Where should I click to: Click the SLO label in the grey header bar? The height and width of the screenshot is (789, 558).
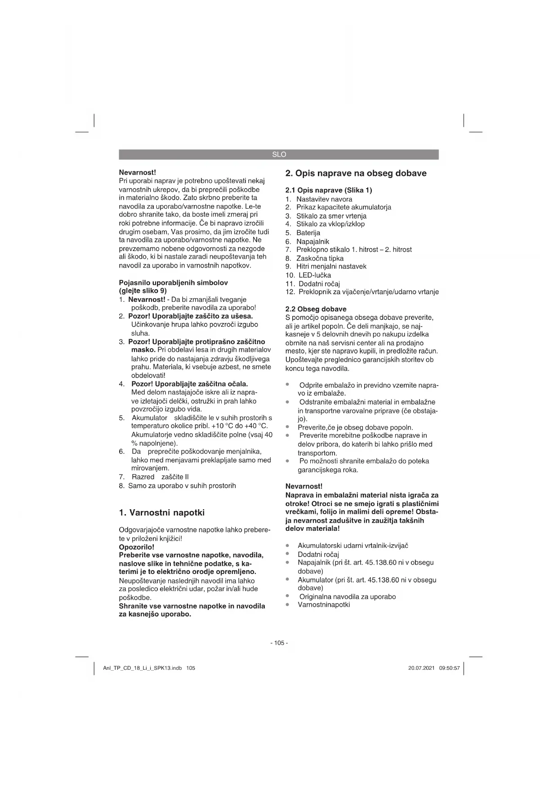pos(279,154)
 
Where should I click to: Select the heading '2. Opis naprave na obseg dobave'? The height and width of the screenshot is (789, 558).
pos(356,173)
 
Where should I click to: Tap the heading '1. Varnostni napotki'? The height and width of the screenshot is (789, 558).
pos(161,512)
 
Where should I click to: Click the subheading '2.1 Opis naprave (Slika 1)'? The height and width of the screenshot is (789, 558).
pos(329,190)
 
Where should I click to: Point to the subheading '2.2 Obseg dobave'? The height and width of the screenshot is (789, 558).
pos(316,309)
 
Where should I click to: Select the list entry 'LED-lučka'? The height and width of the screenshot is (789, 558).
pos(315,275)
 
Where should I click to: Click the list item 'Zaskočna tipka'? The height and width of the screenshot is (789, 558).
pos(320,258)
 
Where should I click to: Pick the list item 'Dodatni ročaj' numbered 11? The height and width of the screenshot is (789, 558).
pos(319,283)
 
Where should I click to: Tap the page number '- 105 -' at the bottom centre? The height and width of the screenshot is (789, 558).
pos(279,643)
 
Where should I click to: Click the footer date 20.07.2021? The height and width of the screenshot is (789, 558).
pos(421,668)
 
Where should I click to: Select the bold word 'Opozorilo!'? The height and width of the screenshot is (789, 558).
pos(136,547)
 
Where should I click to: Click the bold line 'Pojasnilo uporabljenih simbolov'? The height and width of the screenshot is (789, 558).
pos(173,282)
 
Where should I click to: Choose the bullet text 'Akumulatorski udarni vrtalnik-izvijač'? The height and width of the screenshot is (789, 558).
pos(353,546)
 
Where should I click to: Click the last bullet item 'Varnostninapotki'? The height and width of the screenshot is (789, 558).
pos(324,605)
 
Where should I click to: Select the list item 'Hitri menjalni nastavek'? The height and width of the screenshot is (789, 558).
pos(331,266)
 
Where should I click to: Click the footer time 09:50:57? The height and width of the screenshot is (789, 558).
pos(450,668)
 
